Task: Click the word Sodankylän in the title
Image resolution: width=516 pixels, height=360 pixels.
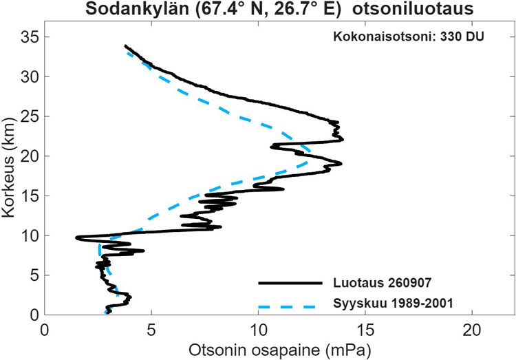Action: (137, 9)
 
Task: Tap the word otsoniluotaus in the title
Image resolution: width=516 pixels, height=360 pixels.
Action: (413, 8)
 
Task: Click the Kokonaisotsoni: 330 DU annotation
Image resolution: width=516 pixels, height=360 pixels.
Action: (409, 36)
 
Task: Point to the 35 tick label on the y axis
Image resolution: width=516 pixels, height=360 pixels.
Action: (30, 37)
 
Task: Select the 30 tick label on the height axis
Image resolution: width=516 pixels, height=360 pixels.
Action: (30, 76)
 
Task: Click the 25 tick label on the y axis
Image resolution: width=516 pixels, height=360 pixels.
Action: (30, 116)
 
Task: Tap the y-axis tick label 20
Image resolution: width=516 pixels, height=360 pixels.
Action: (30, 156)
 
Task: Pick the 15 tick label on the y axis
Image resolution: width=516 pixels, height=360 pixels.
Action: (30, 196)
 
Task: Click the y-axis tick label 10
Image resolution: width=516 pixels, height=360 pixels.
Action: (30, 235)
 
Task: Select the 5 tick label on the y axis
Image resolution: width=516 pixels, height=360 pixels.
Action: (35, 275)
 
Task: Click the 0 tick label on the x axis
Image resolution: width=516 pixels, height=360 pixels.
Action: (45, 330)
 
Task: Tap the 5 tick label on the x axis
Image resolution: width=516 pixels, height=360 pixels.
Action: (151, 330)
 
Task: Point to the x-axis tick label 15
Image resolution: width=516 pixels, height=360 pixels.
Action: (365, 330)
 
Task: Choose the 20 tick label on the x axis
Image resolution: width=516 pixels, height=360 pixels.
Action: (472, 330)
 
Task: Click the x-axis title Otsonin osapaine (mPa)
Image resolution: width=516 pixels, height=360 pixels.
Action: (279, 350)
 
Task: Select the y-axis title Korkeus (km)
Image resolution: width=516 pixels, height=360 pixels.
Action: (8, 168)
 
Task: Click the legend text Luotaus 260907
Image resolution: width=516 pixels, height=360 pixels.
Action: (382, 283)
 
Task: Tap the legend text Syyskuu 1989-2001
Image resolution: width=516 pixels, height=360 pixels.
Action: (393, 303)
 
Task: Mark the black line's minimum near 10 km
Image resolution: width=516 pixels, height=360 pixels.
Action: (76, 237)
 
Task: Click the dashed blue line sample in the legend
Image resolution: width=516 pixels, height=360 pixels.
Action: (287, 306)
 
